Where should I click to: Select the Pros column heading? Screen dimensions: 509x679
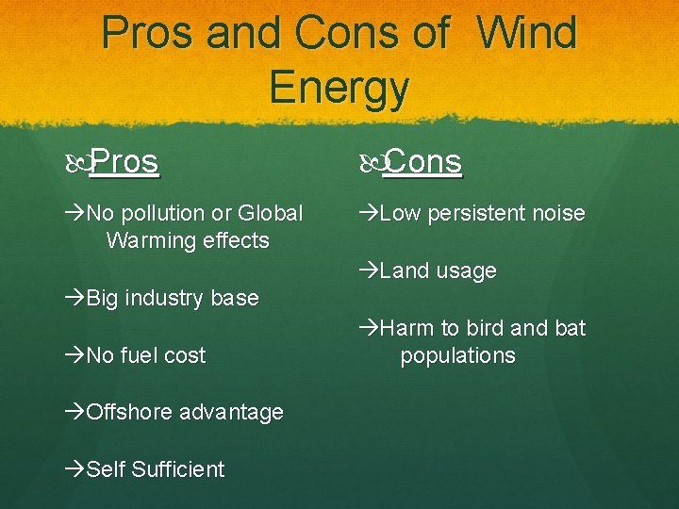(125, 162)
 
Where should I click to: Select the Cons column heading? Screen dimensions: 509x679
(423, 162)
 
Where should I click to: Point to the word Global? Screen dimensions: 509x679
(271, 214)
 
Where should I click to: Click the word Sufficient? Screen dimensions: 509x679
(180, 469)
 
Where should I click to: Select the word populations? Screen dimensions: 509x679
(457, 356)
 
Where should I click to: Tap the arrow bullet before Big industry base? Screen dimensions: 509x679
(75, 299)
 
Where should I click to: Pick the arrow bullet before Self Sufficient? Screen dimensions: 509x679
(75, 469)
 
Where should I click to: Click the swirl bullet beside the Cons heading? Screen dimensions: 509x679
(371, 163)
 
